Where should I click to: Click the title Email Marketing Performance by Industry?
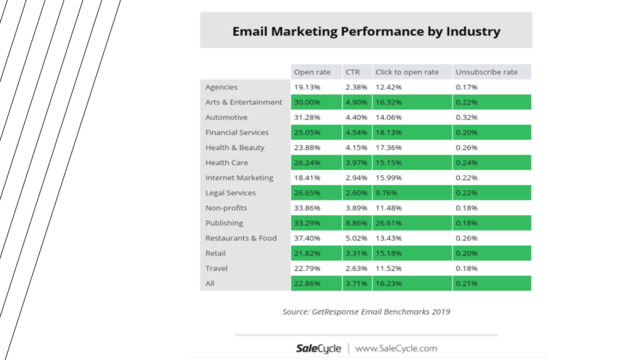pyautogui.click(x=366, y=31)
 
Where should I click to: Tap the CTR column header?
pyautogui.click(x=352, y=72)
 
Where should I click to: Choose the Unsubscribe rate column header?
pyautogui.click(x=487, y=72)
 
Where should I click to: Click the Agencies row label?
pyautogui.click(x=221, y=87)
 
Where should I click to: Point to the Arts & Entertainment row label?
pyautogui.click(x=243, y=102)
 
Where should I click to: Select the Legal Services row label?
pyautogui.click(x=230, y=193)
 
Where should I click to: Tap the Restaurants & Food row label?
pyautogui.click(x=241, y=238)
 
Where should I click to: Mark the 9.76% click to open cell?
pyautogui.click(x=386, y=193)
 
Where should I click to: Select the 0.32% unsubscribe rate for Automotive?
pyautogui.click(x=466, y=117)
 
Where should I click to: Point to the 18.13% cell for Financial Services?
pyautogui.click(x=388, y=132)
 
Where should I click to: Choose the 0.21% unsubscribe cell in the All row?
pyautogui.click(x=466, y=283)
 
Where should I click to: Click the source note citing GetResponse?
pyautogui.click(x=366, y=312)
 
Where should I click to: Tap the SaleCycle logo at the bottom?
pyautogui.click(x=318, y=348)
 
